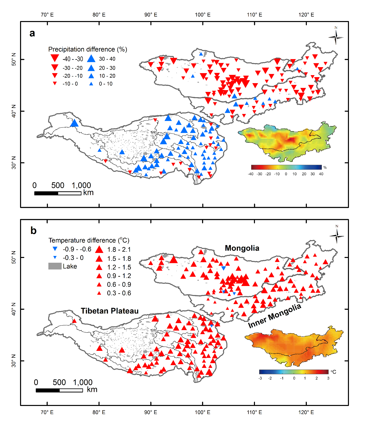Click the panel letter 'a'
[x=32, y=33]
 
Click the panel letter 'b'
[x=33, y=231]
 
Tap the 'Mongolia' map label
[x=242, y=248]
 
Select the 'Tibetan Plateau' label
[x=110, y=311]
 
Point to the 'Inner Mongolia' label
[x=274, y=316]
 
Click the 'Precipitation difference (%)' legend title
[x=87, y=49]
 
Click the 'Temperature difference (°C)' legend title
[x=89, y=240]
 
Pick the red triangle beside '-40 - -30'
[x=55, y=58]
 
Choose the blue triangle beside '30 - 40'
[x=91, y=59]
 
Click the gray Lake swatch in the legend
[x=55, y=266]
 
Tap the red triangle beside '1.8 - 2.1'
[x=99, y=249]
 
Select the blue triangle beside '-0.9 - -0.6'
[x=55, y=249]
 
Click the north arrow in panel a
[x=336, y=37]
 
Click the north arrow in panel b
[x=337, y=235]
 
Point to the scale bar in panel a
[x=58, y=193]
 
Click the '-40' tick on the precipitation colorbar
[x=250, y=174]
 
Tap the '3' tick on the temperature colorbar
[x=328, y=378]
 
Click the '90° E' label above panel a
[x=151, y=15]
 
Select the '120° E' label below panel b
[x=306, y=412]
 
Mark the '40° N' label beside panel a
[x=14, y=111]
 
